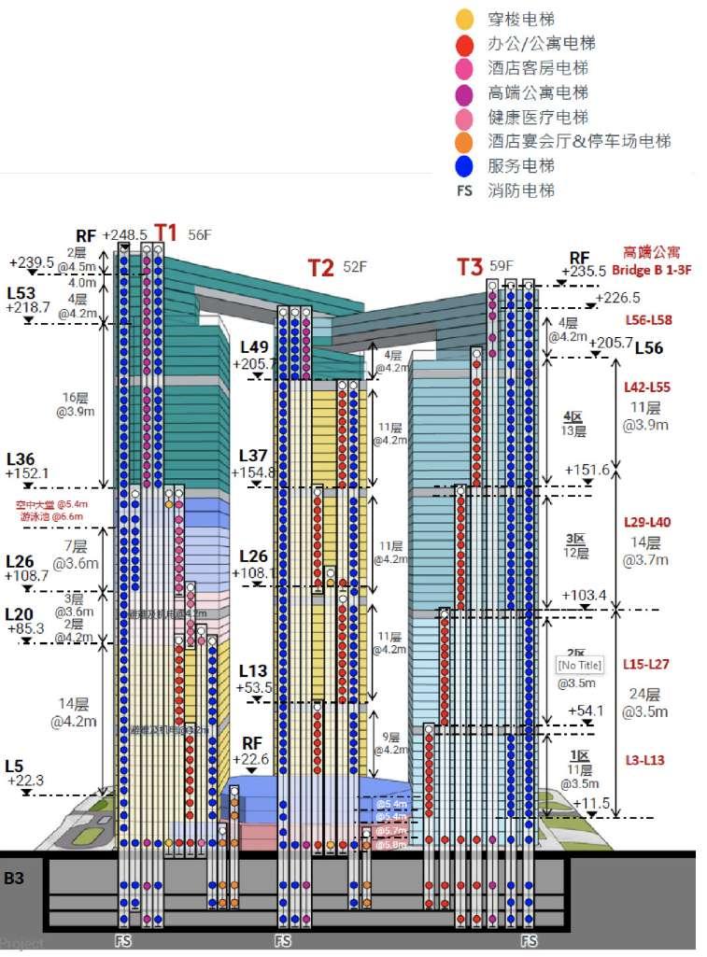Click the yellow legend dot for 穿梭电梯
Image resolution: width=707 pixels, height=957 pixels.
(x=463, y=19)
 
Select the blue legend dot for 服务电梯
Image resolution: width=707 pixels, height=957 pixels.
(x=463, y=166)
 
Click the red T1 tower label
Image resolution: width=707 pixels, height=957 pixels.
(x=165, y=232)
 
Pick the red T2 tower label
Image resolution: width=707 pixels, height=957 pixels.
(x=321, y=268)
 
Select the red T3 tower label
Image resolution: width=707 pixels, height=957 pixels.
(x=470, y=266)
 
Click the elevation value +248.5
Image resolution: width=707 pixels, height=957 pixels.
(x=124, y=234)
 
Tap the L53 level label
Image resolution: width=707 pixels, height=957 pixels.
(x=22, y=292)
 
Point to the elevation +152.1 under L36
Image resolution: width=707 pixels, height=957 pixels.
(x=27, y=473)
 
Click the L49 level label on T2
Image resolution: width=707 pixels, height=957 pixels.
(x=254, y=346)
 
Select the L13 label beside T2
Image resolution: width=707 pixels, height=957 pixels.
(x=254, y=670)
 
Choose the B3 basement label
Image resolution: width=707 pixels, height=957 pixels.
(x=15, y=878)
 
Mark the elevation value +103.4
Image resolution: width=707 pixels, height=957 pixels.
(x=585, y=595)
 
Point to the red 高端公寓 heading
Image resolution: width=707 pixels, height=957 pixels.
(x=653, y=252)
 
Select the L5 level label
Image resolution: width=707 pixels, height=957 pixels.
(x=14, y=766)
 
